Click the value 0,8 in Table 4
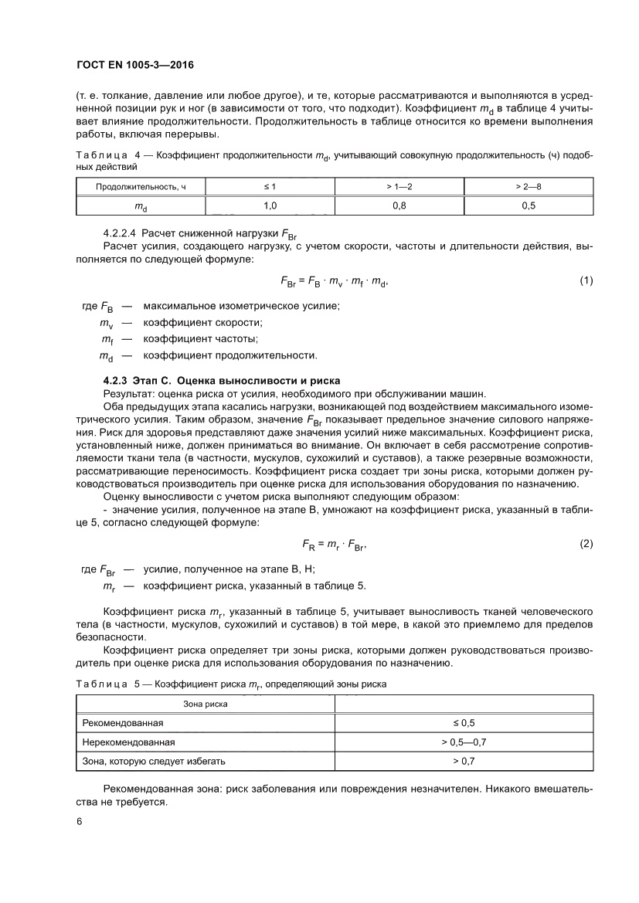[399, 205]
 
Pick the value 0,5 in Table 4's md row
[529, 205]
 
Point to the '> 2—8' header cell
[529, 187]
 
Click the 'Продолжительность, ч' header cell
[141, 187]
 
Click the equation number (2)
[586, 544]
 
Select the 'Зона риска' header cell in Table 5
[205, 704]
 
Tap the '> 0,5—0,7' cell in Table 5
[464, 742]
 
